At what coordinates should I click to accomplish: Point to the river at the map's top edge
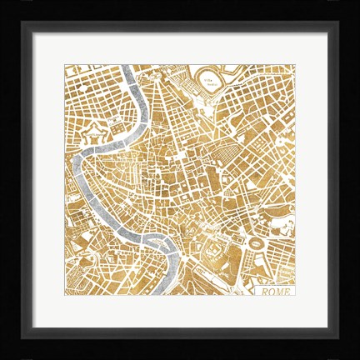(125, 68)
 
